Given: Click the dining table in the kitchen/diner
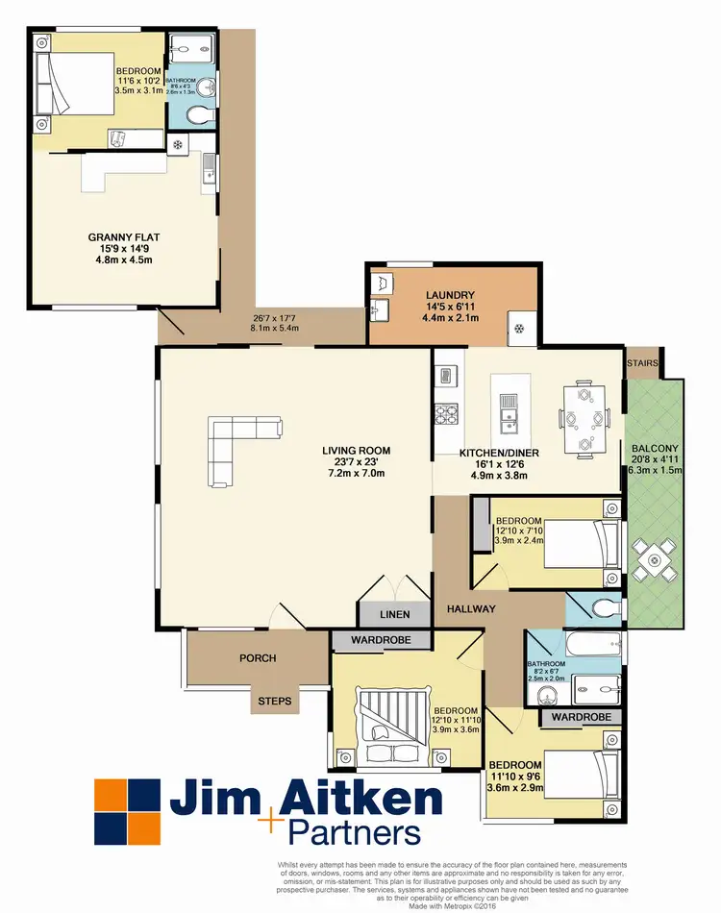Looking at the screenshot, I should coord(584,417).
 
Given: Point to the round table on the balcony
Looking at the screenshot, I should coord(655,558).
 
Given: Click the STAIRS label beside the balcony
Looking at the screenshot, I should coord(641,362).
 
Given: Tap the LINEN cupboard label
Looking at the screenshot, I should coord(394,614).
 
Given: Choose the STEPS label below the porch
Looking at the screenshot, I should coord(275,702).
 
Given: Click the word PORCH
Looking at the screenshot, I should coord(257,658).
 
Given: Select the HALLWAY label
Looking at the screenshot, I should coord(471,608).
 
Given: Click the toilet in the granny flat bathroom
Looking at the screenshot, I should coord(198,114).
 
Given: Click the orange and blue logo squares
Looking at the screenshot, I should coord(127,811).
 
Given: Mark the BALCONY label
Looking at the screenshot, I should coord(655,448).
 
